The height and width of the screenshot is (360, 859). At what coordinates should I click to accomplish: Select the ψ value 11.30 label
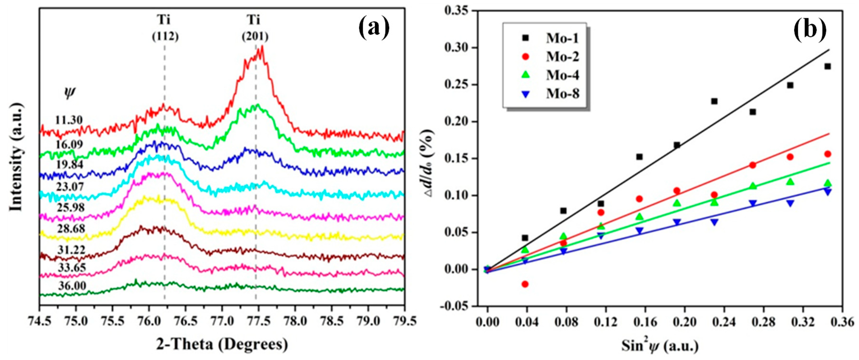pos(69,120)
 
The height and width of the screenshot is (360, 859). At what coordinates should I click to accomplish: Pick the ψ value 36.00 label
pos(72,286)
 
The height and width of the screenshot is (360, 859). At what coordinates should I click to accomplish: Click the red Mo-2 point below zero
pos(525,284)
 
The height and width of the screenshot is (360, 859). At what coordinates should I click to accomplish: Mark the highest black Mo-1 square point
pos(827,66)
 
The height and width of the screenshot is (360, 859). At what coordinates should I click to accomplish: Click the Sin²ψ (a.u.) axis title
pos(660,346)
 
